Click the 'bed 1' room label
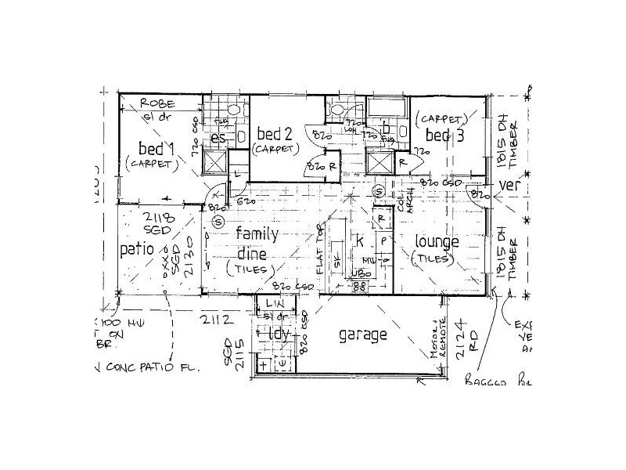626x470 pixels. tap(156, 148)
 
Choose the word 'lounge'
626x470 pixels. tap(437, 242)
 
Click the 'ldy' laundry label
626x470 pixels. tap(279, 333)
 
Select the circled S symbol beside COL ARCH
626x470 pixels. tap(378, 190)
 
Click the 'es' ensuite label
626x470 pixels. tap(220, 139)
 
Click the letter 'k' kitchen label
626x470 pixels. tap(361, 241)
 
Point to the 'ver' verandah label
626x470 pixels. tap(509, 186)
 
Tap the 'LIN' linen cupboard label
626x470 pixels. tap(273, 302)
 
